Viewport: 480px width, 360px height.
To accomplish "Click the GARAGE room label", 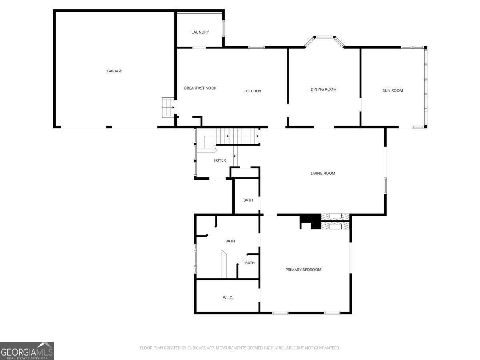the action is coord(114,71).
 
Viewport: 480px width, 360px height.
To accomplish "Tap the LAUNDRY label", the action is coord(200,32).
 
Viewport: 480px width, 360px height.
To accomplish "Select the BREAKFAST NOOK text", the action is coord(200,88).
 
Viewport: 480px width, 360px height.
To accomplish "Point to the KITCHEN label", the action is coord(253,91).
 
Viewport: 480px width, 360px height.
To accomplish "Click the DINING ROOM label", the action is coord(324,89).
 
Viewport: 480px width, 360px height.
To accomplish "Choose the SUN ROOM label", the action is coord(393,90).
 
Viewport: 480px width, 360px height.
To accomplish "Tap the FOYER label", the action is coord(220,160).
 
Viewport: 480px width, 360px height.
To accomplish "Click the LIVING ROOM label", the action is coord(323,174).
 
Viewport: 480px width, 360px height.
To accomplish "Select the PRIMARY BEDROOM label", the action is coord(303,270).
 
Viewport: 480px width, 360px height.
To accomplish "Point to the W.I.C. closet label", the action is coord(228,298).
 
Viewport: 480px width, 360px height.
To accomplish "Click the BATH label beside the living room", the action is coord(248,200).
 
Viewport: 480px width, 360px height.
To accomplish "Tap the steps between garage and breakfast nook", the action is coord(168,107).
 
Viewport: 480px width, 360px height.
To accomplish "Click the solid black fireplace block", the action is coord(310,222).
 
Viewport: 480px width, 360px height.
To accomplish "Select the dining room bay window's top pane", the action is coord(324,37).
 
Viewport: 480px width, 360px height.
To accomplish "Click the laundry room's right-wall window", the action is coord(224,28).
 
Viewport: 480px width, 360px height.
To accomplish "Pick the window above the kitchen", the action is coord(256,47).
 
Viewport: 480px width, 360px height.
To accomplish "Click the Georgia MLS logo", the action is coord(27,351).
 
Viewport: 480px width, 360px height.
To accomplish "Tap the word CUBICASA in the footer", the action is coord(195,348).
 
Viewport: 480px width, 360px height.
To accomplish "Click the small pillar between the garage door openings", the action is coord(109,127).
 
